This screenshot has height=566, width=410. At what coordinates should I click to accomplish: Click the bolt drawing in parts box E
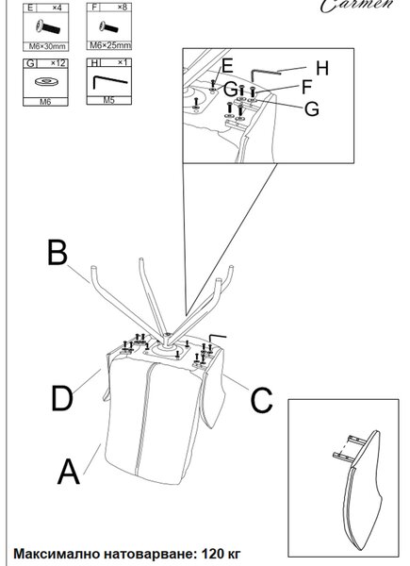point(48,27)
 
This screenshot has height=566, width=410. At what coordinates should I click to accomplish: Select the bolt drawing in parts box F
point(108,26)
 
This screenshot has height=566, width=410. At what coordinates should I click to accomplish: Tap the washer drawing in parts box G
point(46,81)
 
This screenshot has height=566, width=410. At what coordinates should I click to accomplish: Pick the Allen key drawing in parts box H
point(109,81)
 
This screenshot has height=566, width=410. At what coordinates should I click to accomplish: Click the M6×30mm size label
point(47,46)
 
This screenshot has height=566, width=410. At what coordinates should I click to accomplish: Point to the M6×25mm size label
point(109,45)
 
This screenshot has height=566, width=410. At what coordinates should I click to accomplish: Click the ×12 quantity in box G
point(57,63)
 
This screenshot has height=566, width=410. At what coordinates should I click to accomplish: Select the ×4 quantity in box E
point(57,8)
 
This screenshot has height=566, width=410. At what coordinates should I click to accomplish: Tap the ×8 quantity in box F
point(122,7)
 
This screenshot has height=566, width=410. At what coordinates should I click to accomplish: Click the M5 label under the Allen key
point(108,100)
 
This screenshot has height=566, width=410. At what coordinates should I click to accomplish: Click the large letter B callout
point(57,252)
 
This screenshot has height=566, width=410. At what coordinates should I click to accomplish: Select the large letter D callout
point(61,398)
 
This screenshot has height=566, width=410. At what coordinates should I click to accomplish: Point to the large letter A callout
point(68,471)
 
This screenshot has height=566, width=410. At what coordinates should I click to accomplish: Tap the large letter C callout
point(261,400)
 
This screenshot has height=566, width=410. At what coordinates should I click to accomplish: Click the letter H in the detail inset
point(322,68)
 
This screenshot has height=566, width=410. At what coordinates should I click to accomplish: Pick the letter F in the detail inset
point(306,87)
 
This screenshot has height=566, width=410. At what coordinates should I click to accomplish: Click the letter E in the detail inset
point(227,66)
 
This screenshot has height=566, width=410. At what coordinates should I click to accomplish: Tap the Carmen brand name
point(357,6)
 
